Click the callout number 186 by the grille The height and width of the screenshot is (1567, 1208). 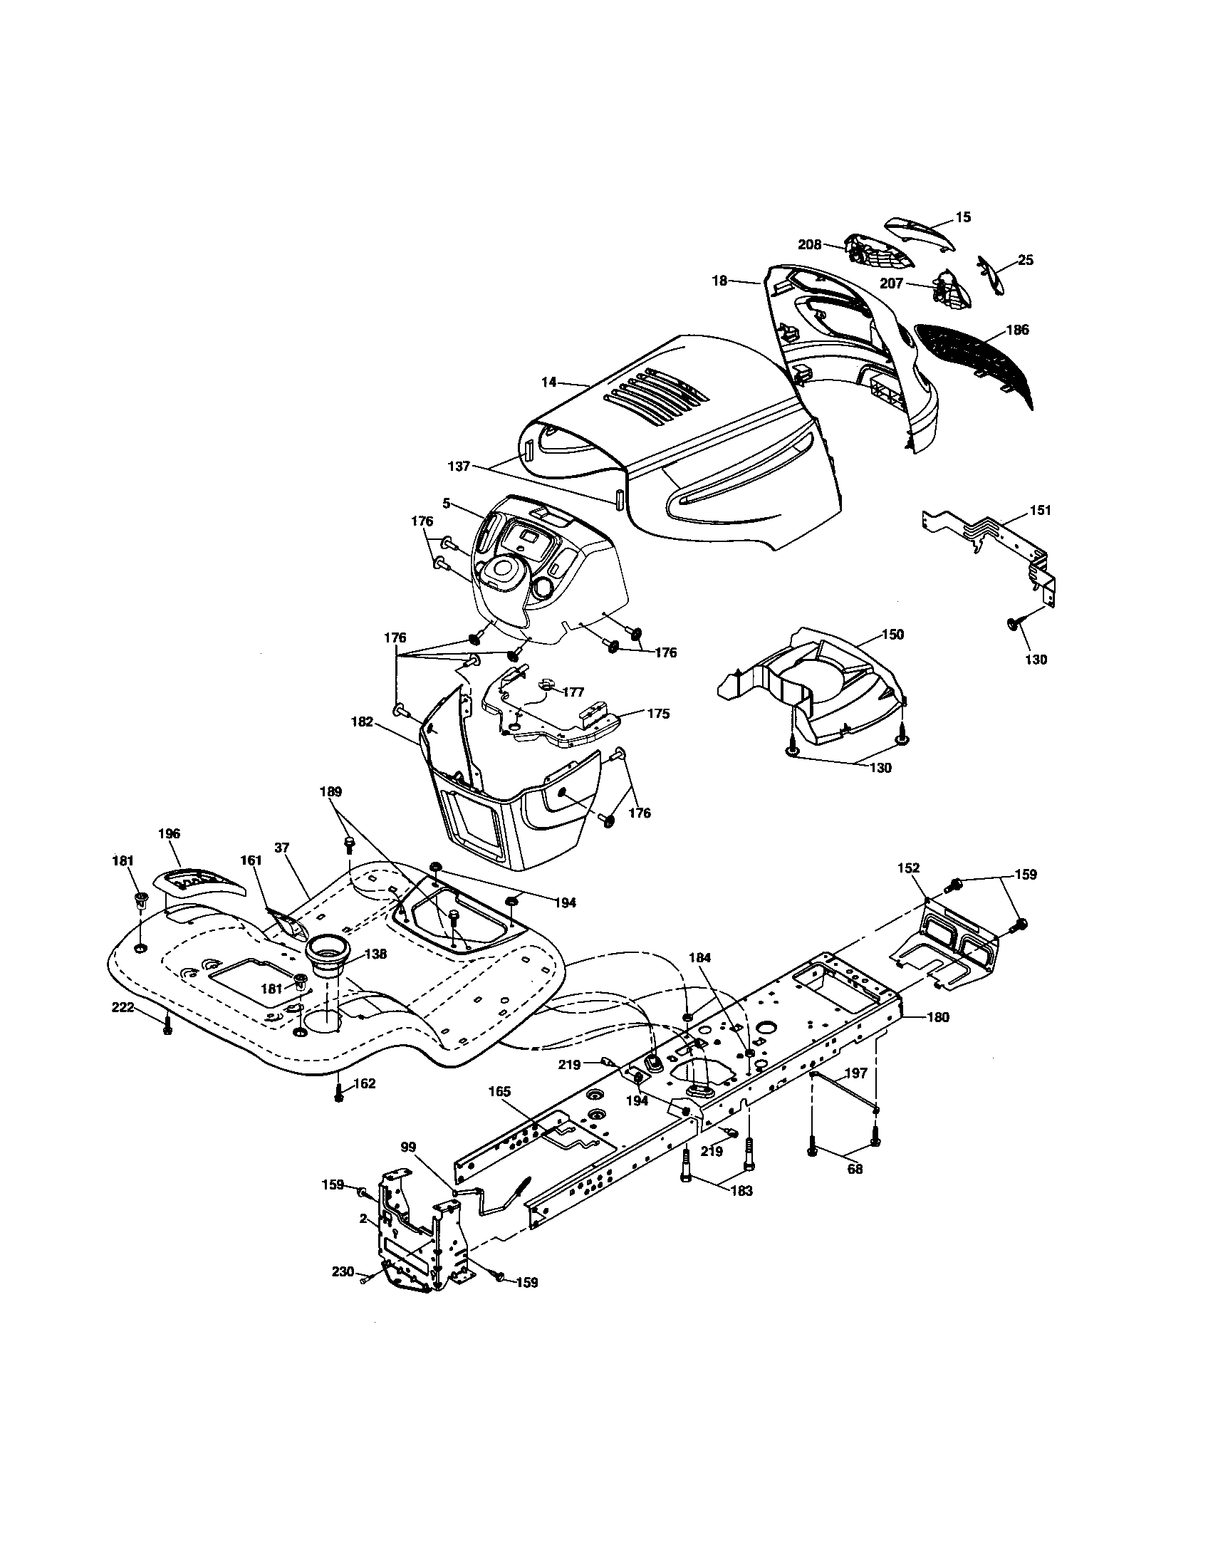[x=1017, y=330]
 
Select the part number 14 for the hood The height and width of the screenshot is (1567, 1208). [x=548, y=382]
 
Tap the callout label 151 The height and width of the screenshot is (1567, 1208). [x=1039, y=510]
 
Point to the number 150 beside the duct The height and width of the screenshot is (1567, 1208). [x=892, y=634]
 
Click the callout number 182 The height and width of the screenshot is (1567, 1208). [x=363, y=722]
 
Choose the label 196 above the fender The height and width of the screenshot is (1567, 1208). [x=170, y=834]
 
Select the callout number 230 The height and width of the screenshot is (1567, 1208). [x=343, y=1271]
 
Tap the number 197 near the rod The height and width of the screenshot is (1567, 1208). [x=856, y=1073]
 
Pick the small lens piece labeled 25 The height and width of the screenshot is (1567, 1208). [x=993, y=276]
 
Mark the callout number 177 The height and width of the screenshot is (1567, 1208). [x=573, y=692]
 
